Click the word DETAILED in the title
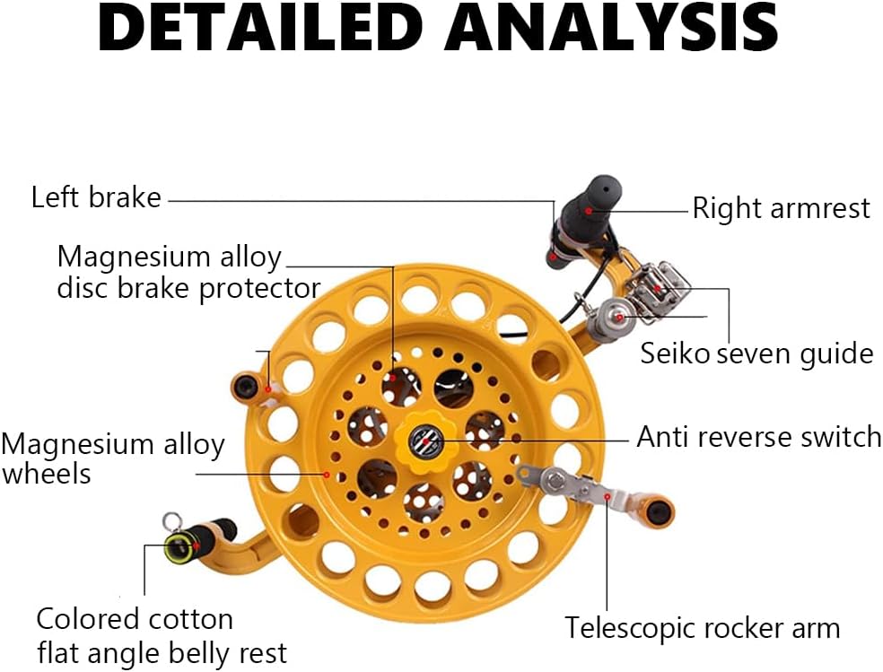point(261,28)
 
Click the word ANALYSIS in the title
point(611,28)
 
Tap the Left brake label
point(96,197)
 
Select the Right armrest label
point(781,209)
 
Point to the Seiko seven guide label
point(756,354)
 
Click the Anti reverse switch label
point(759,437)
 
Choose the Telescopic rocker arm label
point(703,628)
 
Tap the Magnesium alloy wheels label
point(113,458)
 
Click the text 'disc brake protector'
point(188,289)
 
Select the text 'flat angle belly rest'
point(162,653)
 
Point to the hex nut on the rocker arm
point(555,480)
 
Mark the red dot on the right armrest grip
point(588,211)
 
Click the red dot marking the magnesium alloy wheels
point(327,475)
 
